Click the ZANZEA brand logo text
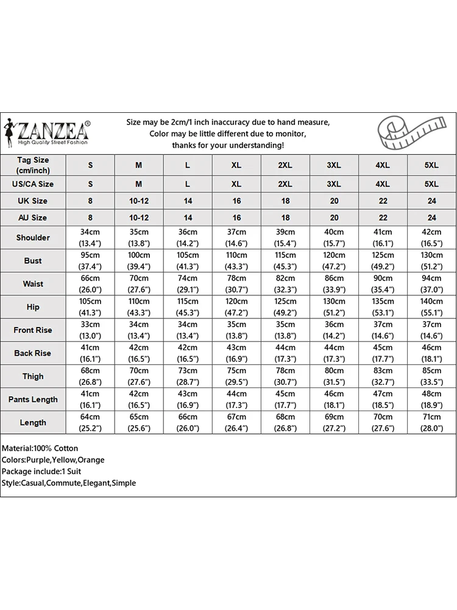click(54, 129)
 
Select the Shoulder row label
click(33, 237)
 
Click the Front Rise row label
click(33, 330)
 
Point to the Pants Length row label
click(33, 400)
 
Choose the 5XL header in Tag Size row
click(431, 165)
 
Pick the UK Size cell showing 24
click(431, 201)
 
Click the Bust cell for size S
click(91, 260)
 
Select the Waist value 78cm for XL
click(236, 284)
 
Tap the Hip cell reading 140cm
click(431, 307)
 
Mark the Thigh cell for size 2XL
click(285, 376)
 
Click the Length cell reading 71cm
click(431, 423)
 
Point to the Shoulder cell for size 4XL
click(383, 237)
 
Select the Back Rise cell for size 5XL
click(431, 353)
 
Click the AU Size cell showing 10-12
click(139, 218)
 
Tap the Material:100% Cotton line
click(40, 448)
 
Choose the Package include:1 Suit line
click(41, 472)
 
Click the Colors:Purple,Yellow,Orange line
click(53, 460)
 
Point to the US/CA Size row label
click(33, 184)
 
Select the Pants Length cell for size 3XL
click(334, 400)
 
